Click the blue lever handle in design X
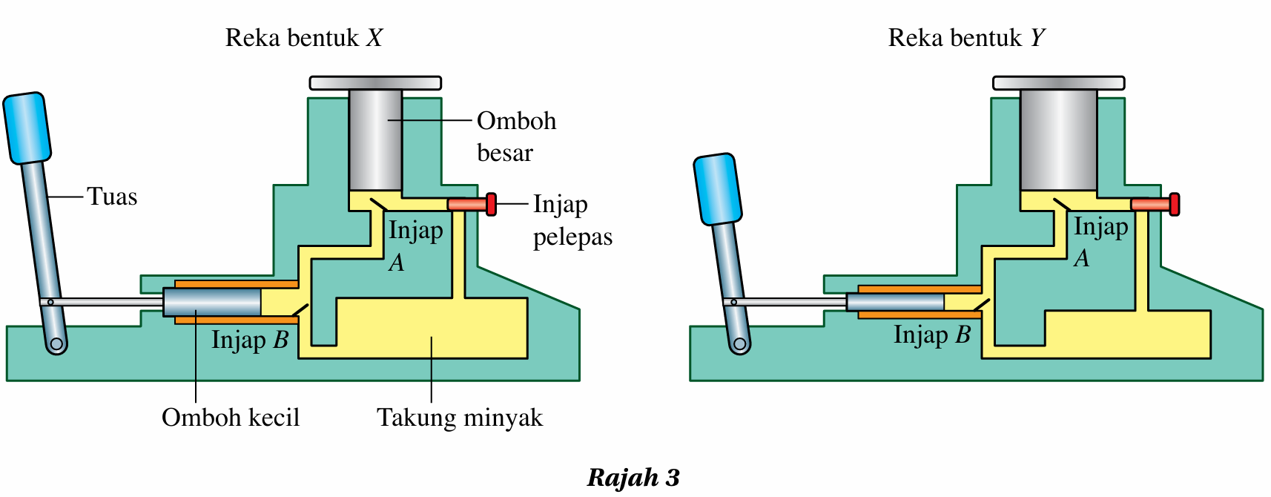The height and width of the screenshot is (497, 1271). tap(27, 128)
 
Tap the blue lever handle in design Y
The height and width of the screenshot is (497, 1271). tap(717, 188)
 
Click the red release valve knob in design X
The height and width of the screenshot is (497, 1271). tap(491, 204)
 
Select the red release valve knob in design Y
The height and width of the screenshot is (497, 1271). tap(1174, 204)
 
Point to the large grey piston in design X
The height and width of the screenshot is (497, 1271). tap(375, 139)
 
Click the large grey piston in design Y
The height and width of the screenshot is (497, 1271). tap(1058, 139)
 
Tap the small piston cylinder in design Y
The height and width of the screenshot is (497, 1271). tap(895, 302)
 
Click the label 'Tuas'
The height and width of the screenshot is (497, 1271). tap(112, 197)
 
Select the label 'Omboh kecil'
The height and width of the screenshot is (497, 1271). tap(231, 418)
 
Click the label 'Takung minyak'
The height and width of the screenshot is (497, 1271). tap(460, 418)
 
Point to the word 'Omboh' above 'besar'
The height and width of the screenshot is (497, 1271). tap(516, 121)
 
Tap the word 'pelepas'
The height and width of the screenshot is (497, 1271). tap(572, 237)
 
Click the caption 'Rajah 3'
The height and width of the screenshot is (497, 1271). tap(633, 477)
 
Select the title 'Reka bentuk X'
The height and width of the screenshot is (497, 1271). tap(304, 38)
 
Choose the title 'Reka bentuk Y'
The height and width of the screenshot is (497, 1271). tap(967, 38)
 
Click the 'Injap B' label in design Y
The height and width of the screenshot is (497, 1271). tap(932, 335)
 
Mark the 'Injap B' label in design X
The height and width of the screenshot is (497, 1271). tap(250, 340)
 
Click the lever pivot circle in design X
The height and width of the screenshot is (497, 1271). tap(56, 345)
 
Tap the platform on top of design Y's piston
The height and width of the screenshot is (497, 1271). tap(1058, 83)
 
